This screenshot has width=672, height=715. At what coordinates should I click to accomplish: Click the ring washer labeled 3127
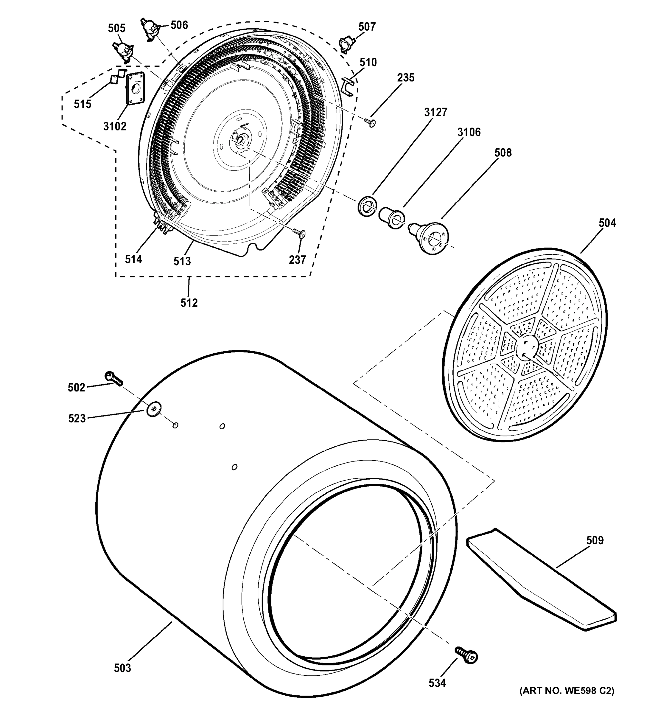pyautogui.click(x=367, y=206)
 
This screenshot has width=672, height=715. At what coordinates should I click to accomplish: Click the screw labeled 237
pyautogui.click(x=299, y=233)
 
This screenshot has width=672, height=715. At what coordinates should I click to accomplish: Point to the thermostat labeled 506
pyautogui.click(x=150, y=28)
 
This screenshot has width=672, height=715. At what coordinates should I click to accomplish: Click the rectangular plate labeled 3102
pyautogui.click(x=135, y=88)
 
